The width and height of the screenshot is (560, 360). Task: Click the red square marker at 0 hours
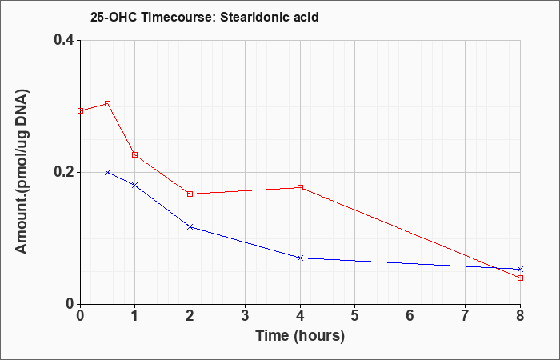point(80,110)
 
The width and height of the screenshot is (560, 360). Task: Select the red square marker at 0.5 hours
point(107,104)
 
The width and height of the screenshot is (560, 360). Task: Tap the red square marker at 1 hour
point(135,154)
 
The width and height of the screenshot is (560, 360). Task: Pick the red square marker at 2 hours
point(190,194)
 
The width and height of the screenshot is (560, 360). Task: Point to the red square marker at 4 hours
point(300,187)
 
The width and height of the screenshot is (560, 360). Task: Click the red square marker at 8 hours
point(520,278)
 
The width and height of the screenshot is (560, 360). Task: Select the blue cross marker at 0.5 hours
point(107,172)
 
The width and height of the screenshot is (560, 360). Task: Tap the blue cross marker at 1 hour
point(135,185)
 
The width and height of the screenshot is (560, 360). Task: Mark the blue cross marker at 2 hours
point(190,226)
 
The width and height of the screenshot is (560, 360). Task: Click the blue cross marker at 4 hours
point(300,258)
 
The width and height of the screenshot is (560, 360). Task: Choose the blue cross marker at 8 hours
point(520,270)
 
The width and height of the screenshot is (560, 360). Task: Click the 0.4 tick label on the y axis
point(64,40)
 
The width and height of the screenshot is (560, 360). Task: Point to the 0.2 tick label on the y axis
point(64,172)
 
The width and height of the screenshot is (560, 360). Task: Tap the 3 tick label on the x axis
point(245,316)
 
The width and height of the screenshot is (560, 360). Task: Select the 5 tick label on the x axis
point(355,316)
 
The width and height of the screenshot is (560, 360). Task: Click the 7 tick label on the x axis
point(465,316)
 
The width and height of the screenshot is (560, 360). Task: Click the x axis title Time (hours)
point(300,336)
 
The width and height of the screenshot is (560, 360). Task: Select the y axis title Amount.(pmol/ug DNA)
point(22,171)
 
